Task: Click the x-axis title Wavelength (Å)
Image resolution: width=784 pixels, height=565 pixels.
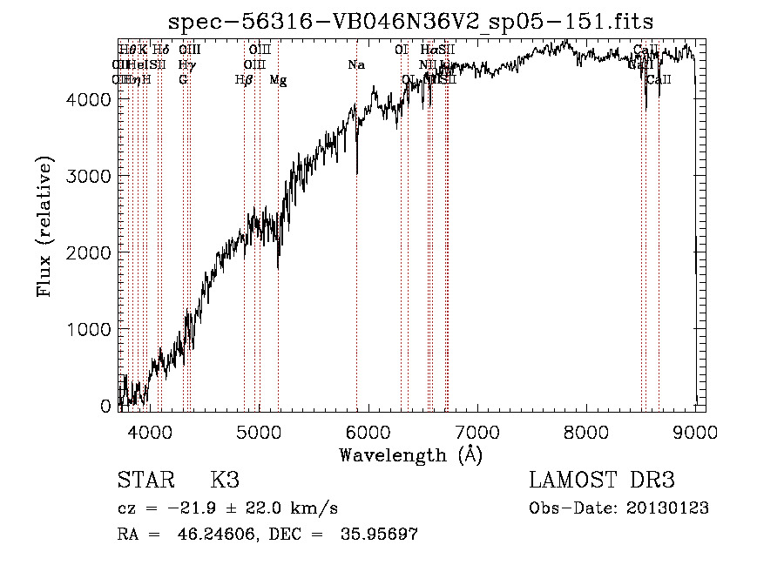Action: pos(410,454)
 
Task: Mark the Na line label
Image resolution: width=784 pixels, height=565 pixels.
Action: pos(355,65)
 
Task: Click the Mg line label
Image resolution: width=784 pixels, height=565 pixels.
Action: pos(278,80)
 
